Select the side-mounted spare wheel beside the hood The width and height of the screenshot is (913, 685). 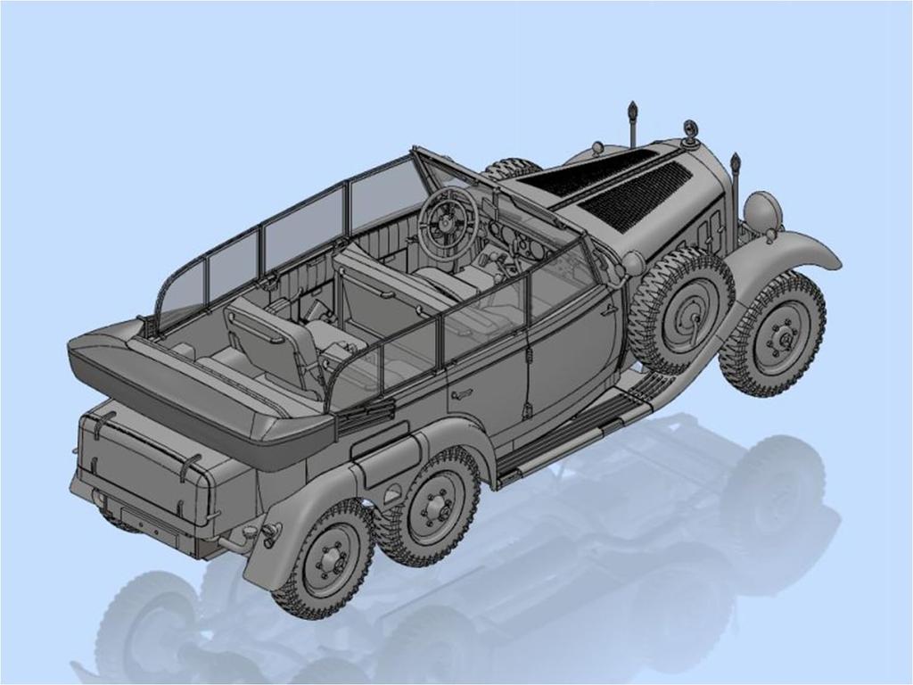point(680,308)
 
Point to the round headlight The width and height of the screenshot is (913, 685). point(762,212)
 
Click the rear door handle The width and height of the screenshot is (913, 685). point(461,393)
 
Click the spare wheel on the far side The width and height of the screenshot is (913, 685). point(513,168)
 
